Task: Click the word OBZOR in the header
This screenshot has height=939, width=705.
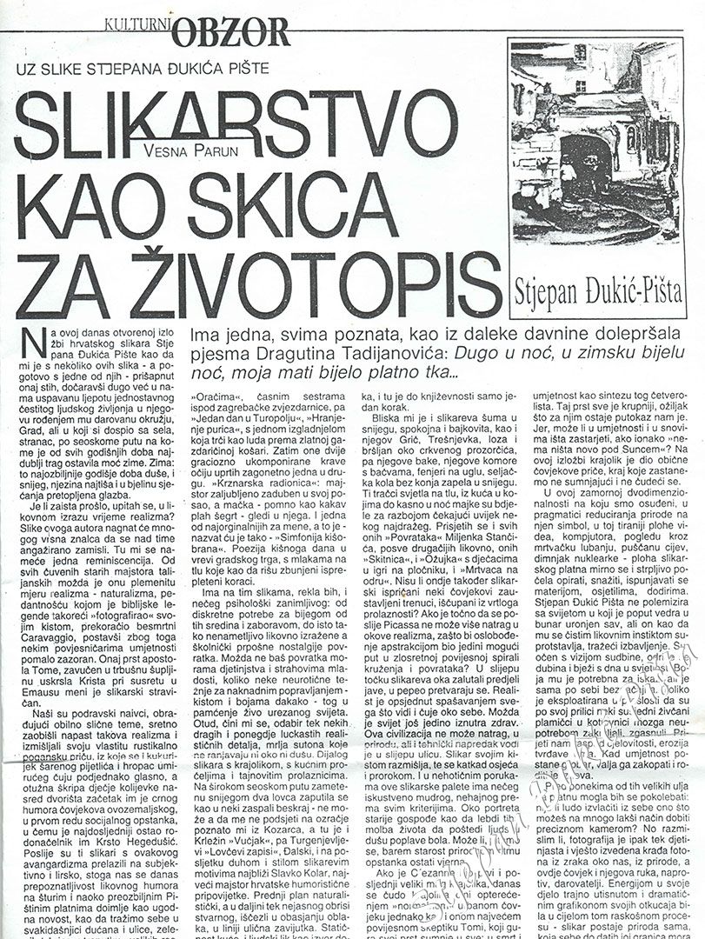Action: [x=231, y=32]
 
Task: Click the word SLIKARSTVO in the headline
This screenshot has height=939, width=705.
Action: [x=235, y=119]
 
